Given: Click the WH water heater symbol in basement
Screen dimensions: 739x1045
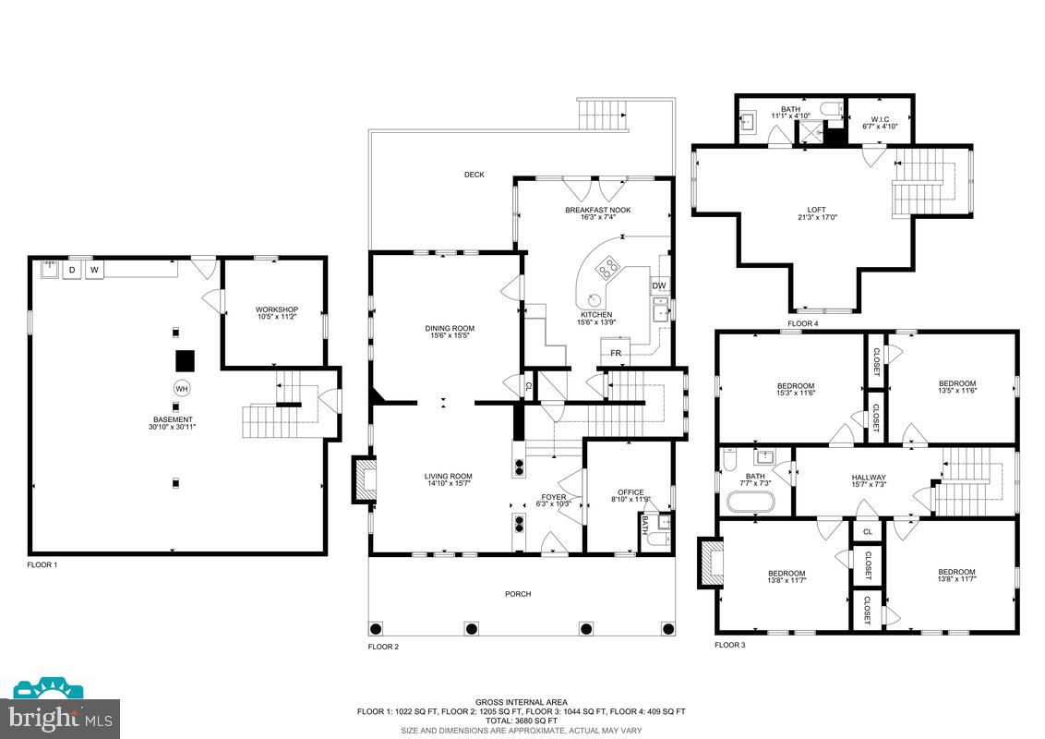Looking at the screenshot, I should (182, 389).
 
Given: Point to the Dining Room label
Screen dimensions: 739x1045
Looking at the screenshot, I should (450, 328).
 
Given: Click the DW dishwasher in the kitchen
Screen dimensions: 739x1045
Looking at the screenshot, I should (659, 286).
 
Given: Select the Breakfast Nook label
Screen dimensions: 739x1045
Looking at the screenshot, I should (598, 210).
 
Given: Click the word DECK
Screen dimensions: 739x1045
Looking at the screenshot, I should (474, 175).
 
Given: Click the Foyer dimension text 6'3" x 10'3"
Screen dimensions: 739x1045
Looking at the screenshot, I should (555, 503).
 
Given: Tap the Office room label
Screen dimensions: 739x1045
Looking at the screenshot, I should (631, 492).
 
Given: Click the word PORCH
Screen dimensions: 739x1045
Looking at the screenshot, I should (518, 593).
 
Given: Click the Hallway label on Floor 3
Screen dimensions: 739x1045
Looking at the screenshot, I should (869, 478).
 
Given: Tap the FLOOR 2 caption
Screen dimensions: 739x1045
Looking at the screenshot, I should (383, 647).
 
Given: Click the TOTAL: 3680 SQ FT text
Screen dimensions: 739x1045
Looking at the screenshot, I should (522, 721).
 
